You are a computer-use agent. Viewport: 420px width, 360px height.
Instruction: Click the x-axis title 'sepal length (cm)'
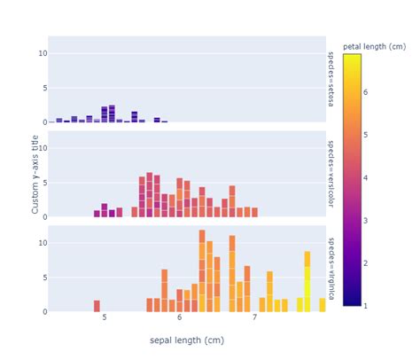click(186, 340)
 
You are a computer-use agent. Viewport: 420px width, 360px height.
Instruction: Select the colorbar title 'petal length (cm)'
click(373, 46)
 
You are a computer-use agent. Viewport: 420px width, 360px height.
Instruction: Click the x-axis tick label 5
click(105, 317)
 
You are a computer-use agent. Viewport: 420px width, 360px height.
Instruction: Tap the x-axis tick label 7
click(254, 317)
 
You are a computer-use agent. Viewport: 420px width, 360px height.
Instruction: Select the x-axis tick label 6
click(180, 317)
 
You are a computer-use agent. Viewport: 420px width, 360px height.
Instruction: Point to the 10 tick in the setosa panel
click(41, 53)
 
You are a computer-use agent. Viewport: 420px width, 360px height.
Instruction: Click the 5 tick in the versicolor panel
click(43, 183)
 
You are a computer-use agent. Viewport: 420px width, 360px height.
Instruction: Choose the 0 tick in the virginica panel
click(43, 311)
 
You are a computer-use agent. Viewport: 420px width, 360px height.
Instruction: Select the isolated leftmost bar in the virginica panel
click(97, 306)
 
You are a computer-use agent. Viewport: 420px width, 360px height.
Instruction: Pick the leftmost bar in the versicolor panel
click(97, 214)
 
